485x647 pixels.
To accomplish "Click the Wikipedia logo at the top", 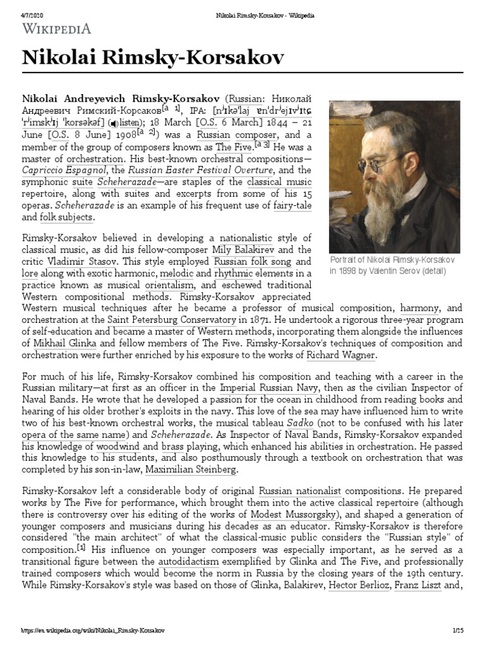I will [57, 28].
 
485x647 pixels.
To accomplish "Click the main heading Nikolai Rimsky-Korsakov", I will [153, 59].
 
